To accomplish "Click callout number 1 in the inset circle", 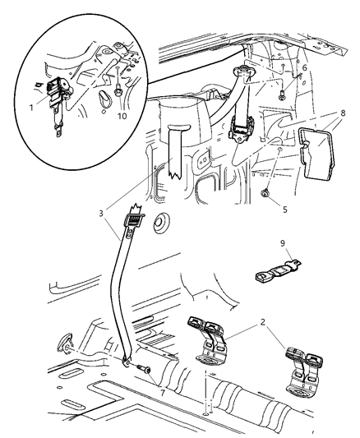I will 31,106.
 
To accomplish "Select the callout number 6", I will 304,68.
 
